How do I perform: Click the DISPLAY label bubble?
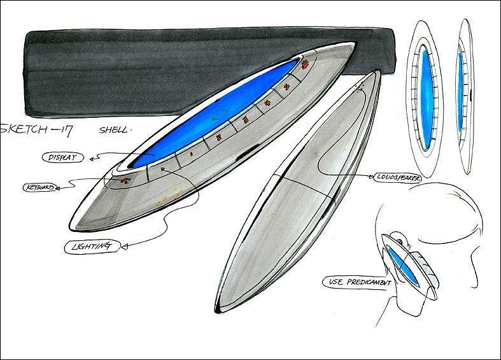tap(62, 157)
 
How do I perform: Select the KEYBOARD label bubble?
tap(39, 187)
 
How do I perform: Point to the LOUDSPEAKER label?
tap(395, 178)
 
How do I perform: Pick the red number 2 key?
tap(219, 136)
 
